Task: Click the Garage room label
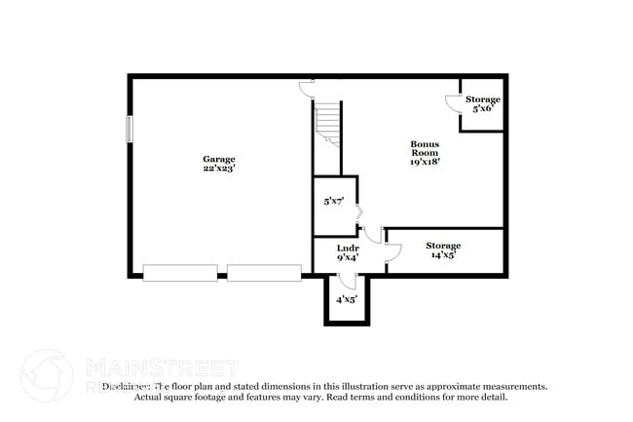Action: pyautogui.click(x=218, y=159)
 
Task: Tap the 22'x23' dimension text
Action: pyautogui.click(x=218, y=169)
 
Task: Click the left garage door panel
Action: pyautogui.click(x=180, y=273)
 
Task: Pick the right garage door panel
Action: pyautogui.click(x=264, y=273)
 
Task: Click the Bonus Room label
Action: pyautogui.click(x=424, y=148)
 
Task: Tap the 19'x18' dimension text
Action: pyautogui.click(x=425, y=162)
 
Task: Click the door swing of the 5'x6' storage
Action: pyautogui.click(x=452, y=102)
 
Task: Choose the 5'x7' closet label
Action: pyautogui.click(x=333, y=202)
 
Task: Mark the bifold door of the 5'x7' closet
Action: pyautogui.click(x=359, y=211)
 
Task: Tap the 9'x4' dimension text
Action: pyautogui.click(x=348, y=257)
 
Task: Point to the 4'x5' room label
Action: pyautogui.click(x=347, y=299)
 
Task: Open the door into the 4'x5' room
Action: pyautogui.click(x=346, y=282)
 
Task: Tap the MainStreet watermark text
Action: pyautogui.click(x=162, y=367)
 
